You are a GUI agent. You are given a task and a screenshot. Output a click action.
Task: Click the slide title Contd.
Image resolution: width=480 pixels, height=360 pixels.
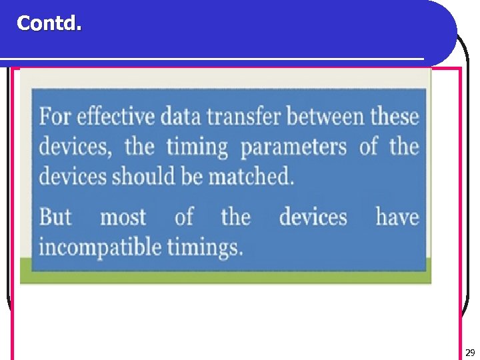coord(49,23)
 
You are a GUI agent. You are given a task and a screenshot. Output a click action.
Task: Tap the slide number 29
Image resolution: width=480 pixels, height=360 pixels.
coord(470,353)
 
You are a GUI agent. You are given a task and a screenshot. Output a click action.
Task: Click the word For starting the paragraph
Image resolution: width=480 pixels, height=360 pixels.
coord(55,117)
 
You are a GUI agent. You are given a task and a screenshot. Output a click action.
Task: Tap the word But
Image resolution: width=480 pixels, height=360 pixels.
coord(56,217)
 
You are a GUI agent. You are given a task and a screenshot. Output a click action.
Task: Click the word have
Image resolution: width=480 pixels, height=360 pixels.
coord(397,217)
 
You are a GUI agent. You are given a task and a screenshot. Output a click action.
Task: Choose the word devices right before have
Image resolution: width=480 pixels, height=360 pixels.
coord(313,217)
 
